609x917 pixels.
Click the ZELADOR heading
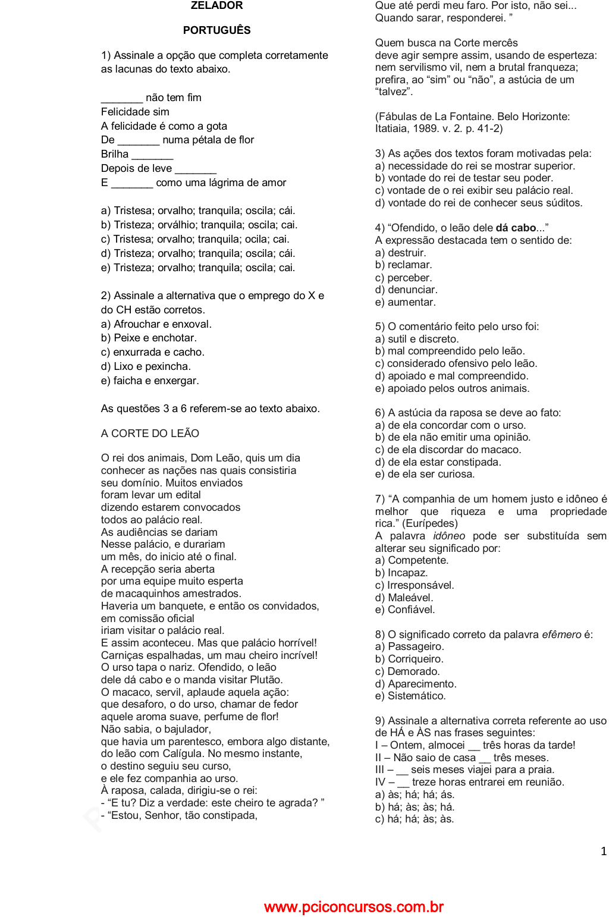click(216, 6)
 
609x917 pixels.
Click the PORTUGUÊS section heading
click(216, 30)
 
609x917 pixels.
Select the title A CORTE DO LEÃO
click(150, 434)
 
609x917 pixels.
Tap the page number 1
click(604, 852)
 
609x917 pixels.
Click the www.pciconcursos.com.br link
click(354, 907)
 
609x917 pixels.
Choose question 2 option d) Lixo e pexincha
click(146, 366)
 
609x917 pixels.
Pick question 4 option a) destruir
click(400, 253)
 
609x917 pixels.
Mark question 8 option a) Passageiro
click(409, 646)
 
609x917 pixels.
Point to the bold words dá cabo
click(516, 228)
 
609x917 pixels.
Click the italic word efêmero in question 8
click(561, 635)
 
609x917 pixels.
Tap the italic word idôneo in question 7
click(449, 536)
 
